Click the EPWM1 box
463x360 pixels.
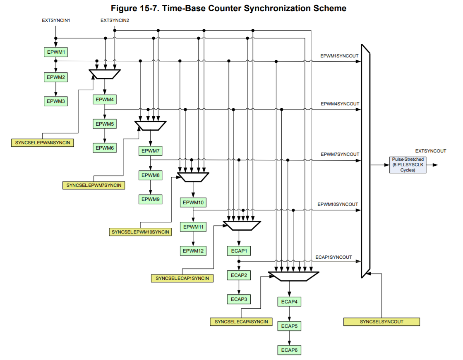(x=55, y=52)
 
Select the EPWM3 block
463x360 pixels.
(x=55, y=101)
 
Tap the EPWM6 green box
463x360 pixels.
(x=104, y=148)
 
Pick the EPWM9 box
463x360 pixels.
(x=150, y=199)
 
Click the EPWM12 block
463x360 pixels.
(x=193, y=250)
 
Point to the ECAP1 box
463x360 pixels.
(x=239, y=250)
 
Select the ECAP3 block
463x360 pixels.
(x=239, y=299)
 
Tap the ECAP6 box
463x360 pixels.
(x=289, y=350)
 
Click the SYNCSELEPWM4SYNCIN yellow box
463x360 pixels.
(x=43, y=143)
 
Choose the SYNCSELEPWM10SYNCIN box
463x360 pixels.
(x=140, y=232)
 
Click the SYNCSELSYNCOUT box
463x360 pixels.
(x=381, y=322)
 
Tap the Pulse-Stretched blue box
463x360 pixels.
(x=408, y=165)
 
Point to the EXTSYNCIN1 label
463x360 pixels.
(x=56, y=20)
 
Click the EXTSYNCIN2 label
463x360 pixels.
(x=115, y=20)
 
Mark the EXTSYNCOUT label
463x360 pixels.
(x=431, y=151)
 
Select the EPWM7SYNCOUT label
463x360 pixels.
(x=340, y=154)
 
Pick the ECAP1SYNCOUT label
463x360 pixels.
(x=333, y=257)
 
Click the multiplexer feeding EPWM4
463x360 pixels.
(x=104, y=74)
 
